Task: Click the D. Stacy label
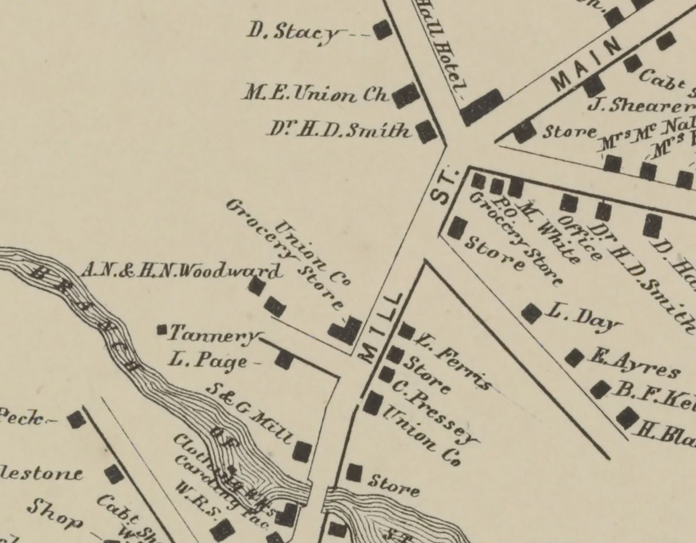293,32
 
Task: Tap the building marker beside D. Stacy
382,30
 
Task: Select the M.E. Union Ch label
316,93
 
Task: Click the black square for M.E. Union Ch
406,95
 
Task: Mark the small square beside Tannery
162,330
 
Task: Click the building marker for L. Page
284,360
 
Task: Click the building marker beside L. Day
531,313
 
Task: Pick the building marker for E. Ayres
574,358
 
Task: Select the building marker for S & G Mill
302,451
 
